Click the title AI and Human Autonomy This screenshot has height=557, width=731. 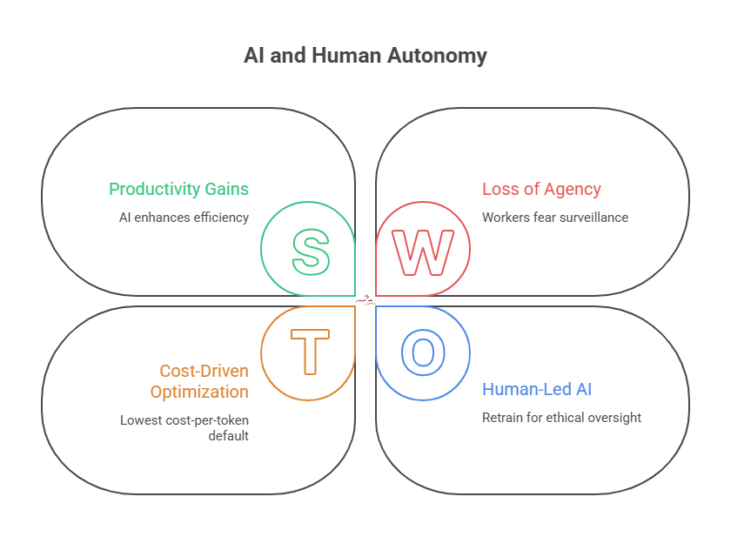click(x=365, y=57)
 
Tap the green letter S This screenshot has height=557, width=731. click(x=310, y=252)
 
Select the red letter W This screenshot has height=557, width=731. click(x=423, y=252)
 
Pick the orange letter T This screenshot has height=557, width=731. click(x=310, y=352)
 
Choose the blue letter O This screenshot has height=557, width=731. click(x=423, y=352)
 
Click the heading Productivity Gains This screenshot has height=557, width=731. click(x=178, y=190)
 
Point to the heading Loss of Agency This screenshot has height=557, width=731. click(x=541, y=190)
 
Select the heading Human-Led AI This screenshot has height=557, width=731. click(x=537, y=389)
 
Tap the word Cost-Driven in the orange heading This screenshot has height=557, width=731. click(x=204, y=372)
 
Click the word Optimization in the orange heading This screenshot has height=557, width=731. click(x=199, y=393)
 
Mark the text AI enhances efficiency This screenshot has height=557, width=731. click(x=184, y=218)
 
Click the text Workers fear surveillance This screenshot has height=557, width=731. click(x=554, y=218)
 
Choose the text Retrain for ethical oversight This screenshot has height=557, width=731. click(x=561, y=418)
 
